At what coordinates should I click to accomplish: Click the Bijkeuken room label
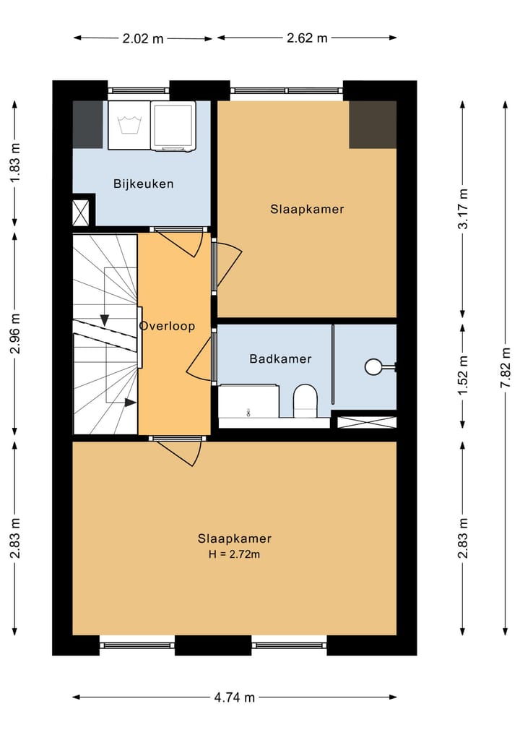point(143,184)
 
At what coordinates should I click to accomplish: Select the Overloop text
point(167,326)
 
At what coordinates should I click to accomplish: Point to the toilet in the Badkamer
point(305,400)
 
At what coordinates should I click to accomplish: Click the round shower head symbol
point(373,367)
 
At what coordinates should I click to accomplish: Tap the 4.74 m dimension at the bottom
point(234,697)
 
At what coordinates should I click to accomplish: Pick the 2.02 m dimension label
point(143,38)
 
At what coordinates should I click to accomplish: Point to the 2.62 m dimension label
point(308,38)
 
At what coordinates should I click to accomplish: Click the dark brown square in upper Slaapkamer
point(373,124)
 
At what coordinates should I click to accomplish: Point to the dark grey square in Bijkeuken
point(87,125)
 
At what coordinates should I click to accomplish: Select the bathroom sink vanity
point(248,402)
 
